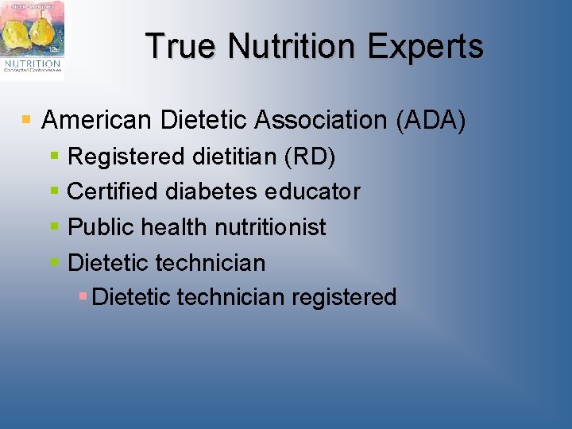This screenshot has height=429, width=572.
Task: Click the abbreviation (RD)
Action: click(309, 157)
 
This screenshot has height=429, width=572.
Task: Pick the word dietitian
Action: click(234, 157)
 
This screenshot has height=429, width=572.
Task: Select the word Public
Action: click(101, 227)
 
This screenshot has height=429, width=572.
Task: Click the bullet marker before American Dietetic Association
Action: click(26, 121)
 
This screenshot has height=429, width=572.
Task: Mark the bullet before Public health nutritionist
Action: click(55, 227)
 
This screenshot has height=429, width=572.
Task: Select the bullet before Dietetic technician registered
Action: click(83, 296)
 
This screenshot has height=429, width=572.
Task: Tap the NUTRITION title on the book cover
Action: click(32, 63)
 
